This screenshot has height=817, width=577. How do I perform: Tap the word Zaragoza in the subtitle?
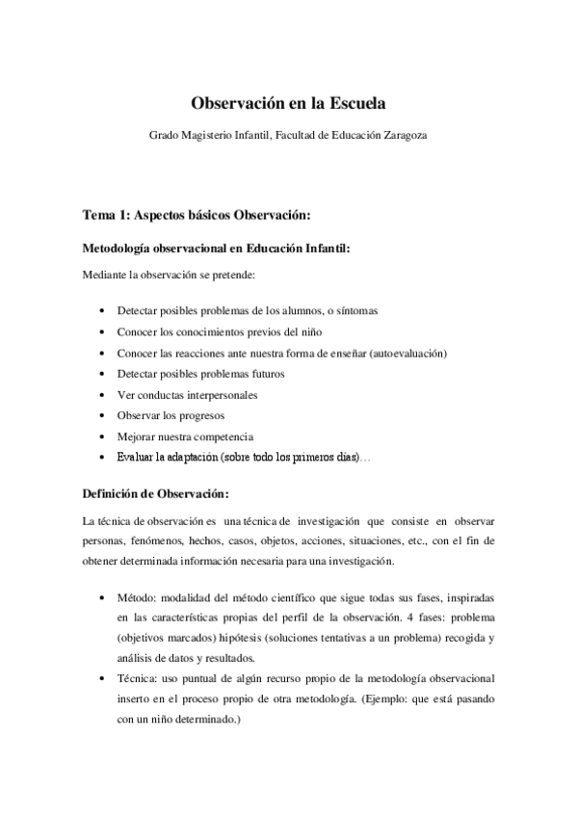tap(402, 136)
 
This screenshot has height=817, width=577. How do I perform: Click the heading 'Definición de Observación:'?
tap(156, 495)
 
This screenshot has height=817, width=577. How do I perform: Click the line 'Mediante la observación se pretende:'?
tap(168, 277)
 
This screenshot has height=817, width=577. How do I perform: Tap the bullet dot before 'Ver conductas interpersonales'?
tap(103, 395)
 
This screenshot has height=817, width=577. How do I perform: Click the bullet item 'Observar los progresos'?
tap(170, 415)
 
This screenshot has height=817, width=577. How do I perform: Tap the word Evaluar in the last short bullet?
tap(136, 458)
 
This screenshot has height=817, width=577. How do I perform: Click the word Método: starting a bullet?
tap(137, 597)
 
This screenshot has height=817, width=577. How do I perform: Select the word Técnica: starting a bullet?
tap(138, 679)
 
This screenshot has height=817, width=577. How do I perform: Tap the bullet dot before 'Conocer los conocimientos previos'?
tap(103, 332)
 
